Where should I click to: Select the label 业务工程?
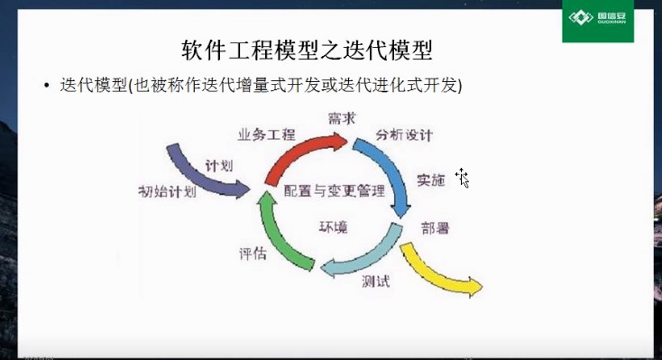[x=266, y=134]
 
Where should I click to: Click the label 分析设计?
[x=405, y=135]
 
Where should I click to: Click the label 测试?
[x=375, y=282]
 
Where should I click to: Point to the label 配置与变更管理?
[x=334, y=190]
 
